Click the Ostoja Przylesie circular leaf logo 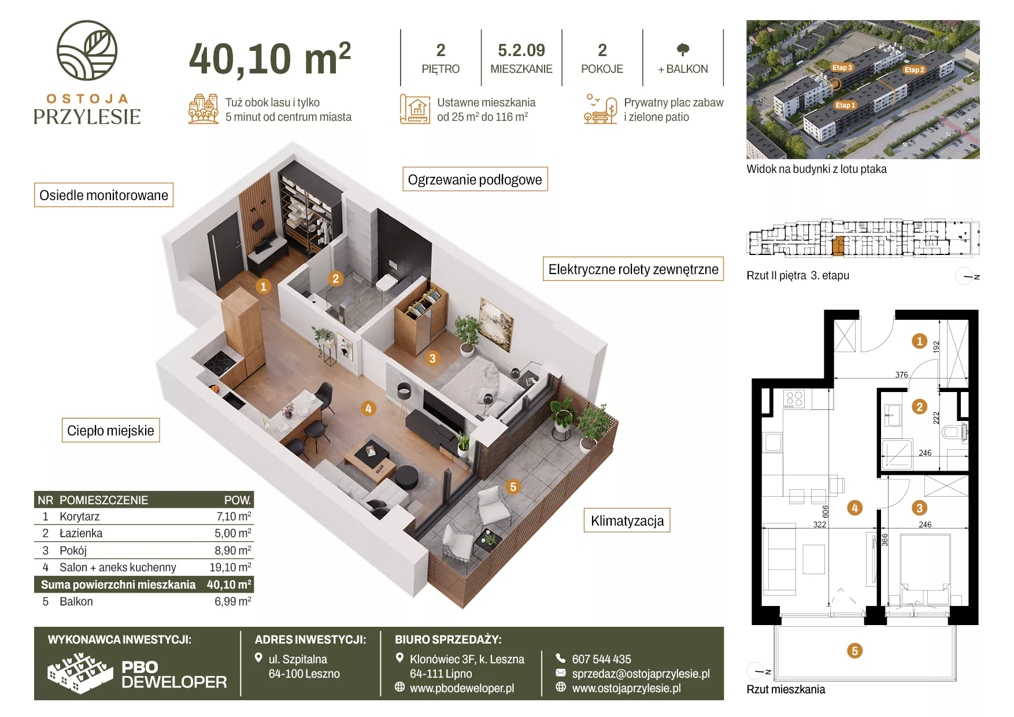[87, 50]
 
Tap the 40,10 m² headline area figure [270, 59]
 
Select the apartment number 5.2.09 [521, 50]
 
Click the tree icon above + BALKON [683, 50]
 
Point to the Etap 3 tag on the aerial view [842, 68]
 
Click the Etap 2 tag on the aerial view [915, 70]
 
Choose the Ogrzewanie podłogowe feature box [475, 179]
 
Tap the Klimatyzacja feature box [627, 520]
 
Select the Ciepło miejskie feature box [110, 430]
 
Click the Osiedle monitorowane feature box [104, 195]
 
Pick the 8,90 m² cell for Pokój [233, 550]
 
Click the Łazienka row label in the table [81, 533]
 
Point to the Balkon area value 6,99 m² [233, 601]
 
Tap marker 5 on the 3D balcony [513, 487]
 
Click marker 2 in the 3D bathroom [335, 279]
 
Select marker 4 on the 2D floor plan [854, 508]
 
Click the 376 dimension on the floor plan [901, 375]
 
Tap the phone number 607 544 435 [601, 659]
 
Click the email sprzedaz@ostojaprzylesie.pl [641, 674]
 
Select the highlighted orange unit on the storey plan [838, 245]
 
